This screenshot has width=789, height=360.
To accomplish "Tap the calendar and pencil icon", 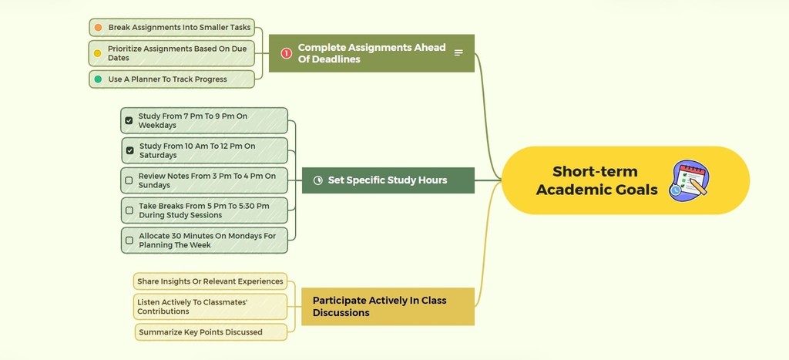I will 688,180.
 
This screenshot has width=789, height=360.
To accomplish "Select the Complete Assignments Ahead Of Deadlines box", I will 371,53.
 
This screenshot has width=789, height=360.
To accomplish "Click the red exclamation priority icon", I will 287,53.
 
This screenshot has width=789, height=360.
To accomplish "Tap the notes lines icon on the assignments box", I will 458,53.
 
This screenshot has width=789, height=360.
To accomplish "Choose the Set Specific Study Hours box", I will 388,180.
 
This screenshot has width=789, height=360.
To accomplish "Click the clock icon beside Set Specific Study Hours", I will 318,180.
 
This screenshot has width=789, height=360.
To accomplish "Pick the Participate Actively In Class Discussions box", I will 388,306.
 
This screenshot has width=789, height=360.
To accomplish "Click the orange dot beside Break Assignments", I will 98,28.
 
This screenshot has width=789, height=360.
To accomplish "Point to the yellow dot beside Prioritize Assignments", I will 98,53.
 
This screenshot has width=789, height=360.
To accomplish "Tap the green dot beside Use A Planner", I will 98,79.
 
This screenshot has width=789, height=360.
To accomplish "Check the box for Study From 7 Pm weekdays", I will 129,121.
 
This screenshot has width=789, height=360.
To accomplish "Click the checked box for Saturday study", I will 129,150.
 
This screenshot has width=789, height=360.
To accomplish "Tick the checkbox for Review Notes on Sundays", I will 129,181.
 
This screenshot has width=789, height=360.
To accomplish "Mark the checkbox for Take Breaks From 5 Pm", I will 129,210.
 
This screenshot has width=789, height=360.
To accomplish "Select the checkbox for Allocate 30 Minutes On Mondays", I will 129,241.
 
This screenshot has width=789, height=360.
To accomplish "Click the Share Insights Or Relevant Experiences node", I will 210,281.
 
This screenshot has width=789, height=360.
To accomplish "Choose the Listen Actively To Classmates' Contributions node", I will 210,307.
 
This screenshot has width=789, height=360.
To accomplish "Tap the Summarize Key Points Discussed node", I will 210,332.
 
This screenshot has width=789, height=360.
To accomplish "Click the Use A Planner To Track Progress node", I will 172,79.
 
